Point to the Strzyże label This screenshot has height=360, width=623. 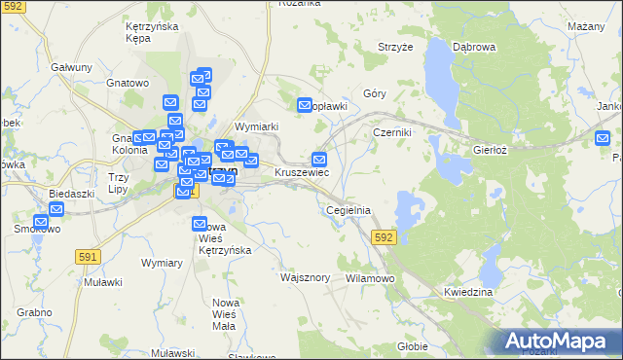[395, 46]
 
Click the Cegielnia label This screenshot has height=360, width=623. [348, 210]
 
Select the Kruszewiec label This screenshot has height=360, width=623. [302, 172]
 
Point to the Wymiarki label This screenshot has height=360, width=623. [258, 126]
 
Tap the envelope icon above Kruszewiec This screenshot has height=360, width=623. [319, 160]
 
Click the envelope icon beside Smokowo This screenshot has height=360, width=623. [41, 222]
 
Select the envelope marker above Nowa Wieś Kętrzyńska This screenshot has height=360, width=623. [200, 224]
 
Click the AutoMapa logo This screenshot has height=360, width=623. [560, 341]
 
